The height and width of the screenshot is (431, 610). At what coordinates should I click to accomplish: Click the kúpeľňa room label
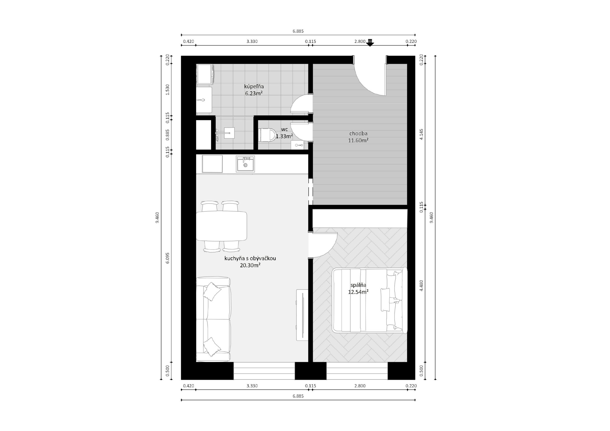coord(254,86)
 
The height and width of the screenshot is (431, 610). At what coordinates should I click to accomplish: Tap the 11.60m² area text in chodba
coord(358,140)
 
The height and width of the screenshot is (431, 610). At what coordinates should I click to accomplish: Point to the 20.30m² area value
coord(250,265)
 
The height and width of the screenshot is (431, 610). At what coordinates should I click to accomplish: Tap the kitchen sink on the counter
coord(245,164)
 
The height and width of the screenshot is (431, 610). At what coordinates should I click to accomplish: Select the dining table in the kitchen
coord(221,226)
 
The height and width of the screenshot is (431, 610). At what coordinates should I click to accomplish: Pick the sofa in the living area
coord(213,319)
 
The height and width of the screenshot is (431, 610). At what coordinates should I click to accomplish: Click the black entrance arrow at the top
coord(370,43)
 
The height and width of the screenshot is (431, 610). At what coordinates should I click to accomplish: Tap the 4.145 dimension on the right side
coord(421,134)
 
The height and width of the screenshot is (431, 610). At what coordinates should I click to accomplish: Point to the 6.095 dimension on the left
coord(167,258)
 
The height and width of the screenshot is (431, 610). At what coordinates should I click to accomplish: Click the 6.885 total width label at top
coord(298,31)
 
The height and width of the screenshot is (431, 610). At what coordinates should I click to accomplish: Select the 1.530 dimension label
coord(167,90)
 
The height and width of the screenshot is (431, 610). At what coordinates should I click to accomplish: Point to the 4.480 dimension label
coord(421,286)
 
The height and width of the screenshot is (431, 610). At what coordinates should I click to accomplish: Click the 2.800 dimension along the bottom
coord(360,386)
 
